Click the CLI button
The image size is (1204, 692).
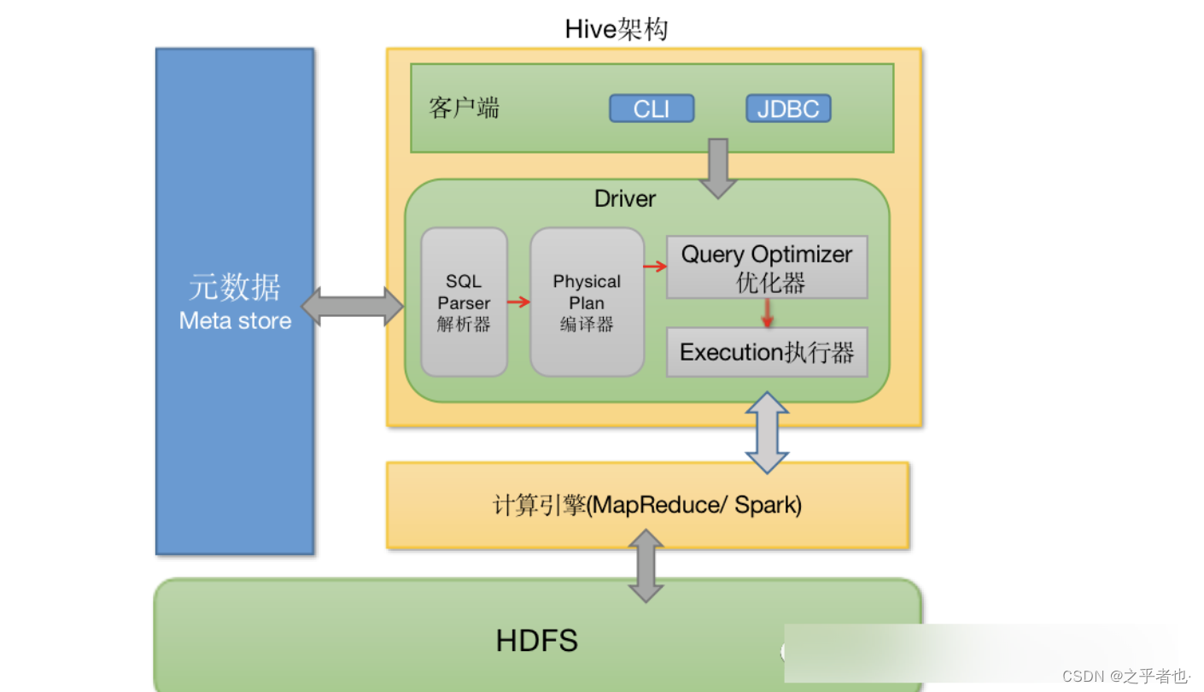[x=652, y=108]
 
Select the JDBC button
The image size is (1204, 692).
[x=787, y=108]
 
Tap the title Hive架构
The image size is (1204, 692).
[x=616, y=29]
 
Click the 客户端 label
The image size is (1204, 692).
[x=464, y=108]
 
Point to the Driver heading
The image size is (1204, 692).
[x=625, y=199]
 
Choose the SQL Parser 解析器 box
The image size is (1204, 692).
[x=464, y=302]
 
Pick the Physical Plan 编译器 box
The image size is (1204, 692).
[x=587, y=302]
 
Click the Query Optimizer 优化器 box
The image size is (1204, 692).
[x=766, y=267]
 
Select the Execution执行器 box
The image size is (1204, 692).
[x=766, y=352]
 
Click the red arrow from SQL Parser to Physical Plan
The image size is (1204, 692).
[x=518, y=302]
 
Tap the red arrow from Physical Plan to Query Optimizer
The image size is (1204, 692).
[x=655, y=267]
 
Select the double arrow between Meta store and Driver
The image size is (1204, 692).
[x=353, y=307]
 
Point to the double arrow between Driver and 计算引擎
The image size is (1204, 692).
[x=767, y=432]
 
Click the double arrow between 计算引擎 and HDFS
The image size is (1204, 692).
[x=646, y=565]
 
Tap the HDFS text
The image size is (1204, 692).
[x=537, y=640]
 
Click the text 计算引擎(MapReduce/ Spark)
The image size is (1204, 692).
[x=647, y=505]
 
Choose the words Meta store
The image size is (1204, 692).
[x=235, y=321]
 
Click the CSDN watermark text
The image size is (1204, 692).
[x=1125, y=677]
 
